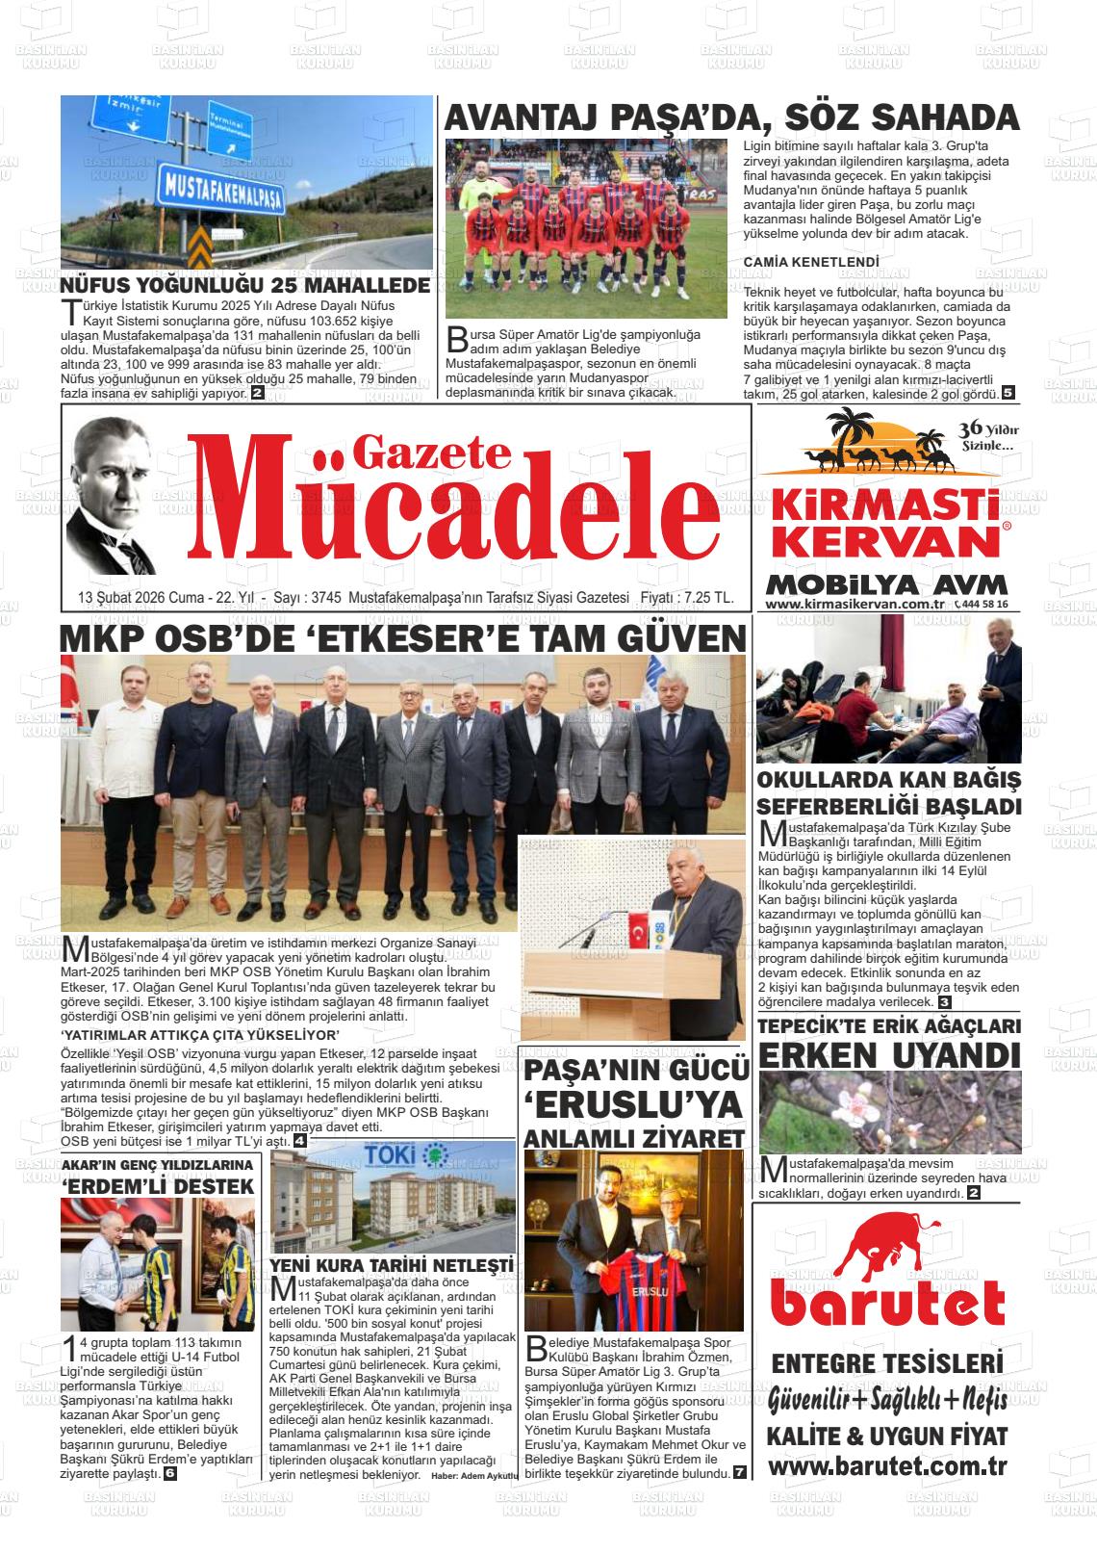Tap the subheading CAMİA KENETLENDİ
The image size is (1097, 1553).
(811, 262)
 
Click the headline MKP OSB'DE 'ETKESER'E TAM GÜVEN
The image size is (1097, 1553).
(404, 638)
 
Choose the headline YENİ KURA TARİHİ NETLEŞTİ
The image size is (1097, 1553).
(393, 1264)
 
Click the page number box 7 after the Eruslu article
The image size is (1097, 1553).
(739, 1473)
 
